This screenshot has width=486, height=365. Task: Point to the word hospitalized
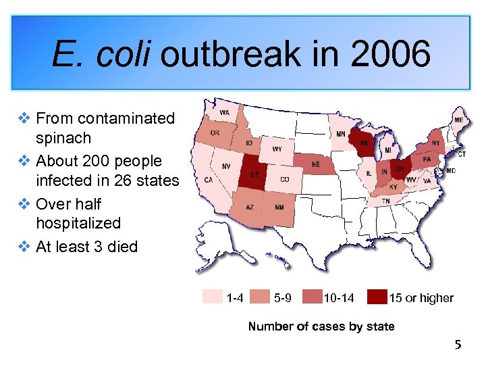(78, 223)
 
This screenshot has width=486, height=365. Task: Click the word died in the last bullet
(122, 247)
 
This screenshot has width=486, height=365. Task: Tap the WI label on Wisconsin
(363, 143)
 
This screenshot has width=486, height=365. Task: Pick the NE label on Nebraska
(315, 164)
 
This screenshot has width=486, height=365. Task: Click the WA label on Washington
(223, 112)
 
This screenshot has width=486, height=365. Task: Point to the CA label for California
(209, 180)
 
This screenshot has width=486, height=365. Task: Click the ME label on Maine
(459, 120)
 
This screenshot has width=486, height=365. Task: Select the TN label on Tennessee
(384, 201)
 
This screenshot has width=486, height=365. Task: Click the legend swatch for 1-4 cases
(213, 297)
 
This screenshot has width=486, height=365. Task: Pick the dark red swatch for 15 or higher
(377, 297)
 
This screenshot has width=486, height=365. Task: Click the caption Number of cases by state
(321, 326)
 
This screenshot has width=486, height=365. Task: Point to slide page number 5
(458, 345)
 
